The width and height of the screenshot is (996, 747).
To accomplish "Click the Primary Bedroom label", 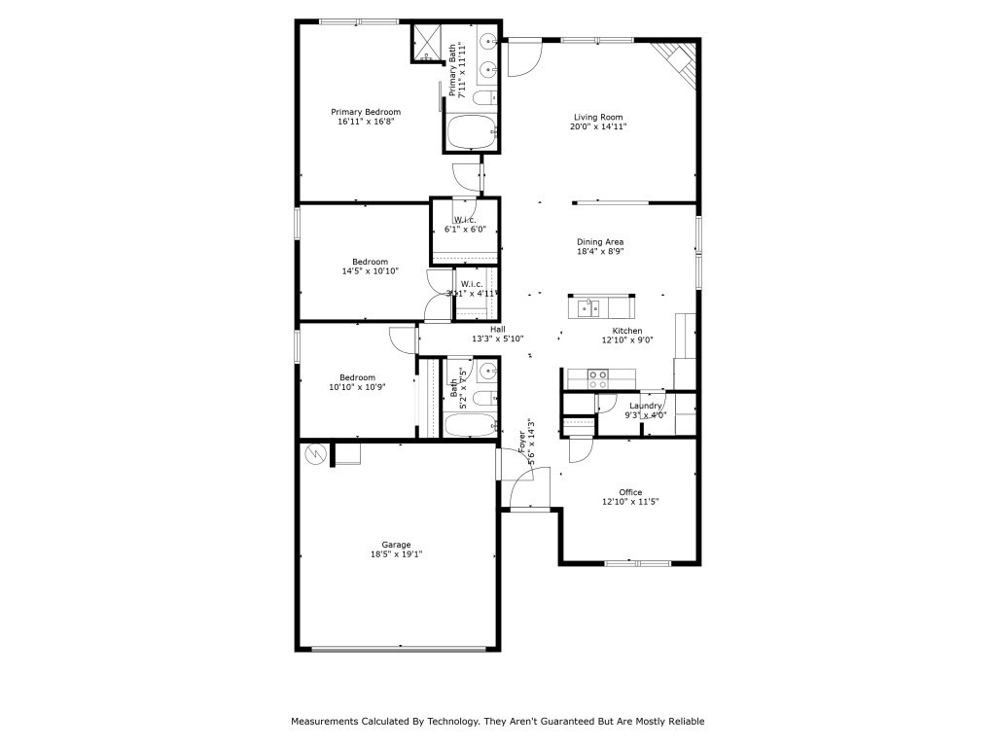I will [x=366, y=112].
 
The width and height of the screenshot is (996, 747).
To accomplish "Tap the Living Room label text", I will [x=597, y=117].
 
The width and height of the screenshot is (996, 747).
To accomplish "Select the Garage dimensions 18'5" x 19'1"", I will [x=396, y=554].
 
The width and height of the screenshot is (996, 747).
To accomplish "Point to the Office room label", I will [x=630, y=492].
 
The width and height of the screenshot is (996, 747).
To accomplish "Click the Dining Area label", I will [x=600, y=241].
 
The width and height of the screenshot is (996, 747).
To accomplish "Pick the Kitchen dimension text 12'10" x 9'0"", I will [x=626, y=339].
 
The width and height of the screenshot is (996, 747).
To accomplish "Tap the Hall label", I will [x=498, y=329].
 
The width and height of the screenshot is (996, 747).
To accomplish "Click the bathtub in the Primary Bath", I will [x=471, y=131].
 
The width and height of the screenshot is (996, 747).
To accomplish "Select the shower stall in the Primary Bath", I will [x=427, y=43].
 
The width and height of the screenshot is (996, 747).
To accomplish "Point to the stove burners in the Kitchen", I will [x=597, y=374].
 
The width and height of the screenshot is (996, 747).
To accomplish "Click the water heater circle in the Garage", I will [x=316, y=453].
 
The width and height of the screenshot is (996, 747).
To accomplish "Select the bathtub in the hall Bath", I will [x=471, y=425].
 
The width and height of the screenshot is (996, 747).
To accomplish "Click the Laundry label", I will [x=646, y=406].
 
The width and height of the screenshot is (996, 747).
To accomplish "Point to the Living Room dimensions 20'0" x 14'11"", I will [x=597, y=126].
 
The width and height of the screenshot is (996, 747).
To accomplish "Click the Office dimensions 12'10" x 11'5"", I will [x=630, y=502].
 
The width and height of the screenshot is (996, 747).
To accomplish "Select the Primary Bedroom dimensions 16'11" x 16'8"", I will [x=366, y=123].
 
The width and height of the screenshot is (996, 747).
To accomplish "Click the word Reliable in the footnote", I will [x=685, y=722].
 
